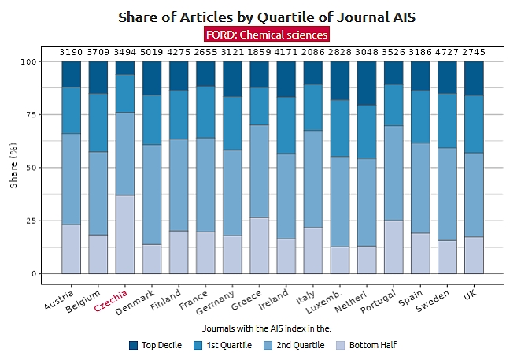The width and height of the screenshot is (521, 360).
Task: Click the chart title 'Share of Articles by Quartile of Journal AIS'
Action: coord(266,17)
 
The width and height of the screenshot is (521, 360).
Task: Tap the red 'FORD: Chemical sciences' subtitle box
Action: coord(266,35)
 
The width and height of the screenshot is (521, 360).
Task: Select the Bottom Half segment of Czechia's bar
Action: coord(125,234)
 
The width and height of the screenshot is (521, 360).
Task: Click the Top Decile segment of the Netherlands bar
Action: coord(366,83)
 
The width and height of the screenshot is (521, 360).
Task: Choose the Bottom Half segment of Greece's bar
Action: coord(259,245)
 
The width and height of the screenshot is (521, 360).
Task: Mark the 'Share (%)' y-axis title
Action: coord(13,167)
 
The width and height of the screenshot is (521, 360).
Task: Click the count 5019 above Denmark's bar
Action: coord(152,52)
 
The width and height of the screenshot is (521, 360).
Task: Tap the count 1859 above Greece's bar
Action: coord(259,52)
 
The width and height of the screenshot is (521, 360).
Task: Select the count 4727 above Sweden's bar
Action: coord(446,52)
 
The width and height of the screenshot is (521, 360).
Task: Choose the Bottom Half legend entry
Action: coord(367,345)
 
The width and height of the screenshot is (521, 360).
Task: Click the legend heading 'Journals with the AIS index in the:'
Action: coord(266,328)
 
